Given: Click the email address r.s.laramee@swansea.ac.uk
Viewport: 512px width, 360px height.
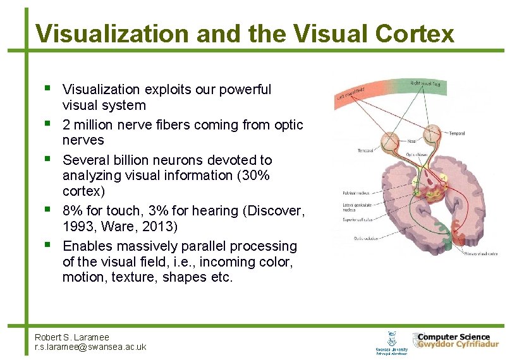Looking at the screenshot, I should tap(90, 347).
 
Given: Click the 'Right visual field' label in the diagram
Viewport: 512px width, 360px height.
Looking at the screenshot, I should tap(426, 83).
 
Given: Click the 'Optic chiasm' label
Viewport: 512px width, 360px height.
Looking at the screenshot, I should tap(415, 153).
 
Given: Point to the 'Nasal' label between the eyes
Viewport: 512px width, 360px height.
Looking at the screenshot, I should tap(411, 142).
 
